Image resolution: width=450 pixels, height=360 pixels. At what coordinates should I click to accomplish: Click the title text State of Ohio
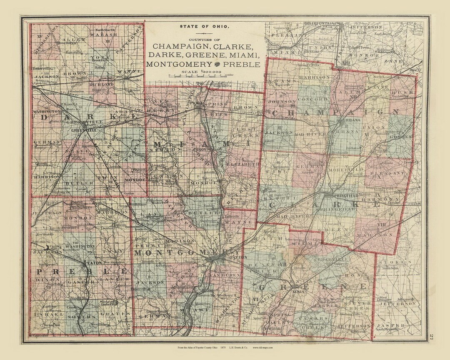click(x=204, y=26)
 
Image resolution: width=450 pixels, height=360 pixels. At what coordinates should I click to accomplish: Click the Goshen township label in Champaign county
click(x=402, y=136)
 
